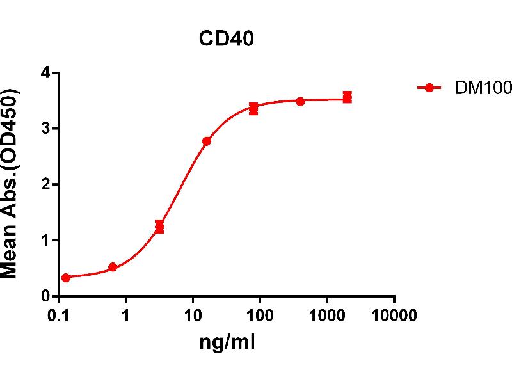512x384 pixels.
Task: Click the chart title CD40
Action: [226, 40]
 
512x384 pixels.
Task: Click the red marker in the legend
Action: [429, 88]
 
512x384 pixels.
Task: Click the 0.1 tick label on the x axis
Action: [60, 316]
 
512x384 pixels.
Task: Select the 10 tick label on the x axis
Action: [193, 316]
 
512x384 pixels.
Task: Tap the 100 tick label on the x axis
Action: [260, 316]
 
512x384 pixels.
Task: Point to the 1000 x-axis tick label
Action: [326, 316]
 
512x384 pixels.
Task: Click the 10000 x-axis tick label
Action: [394, 316]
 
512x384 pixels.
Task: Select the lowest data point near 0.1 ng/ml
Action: [66, 278]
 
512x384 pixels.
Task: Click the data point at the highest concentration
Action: [347, 97]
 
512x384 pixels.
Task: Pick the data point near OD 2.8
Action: [206, 141]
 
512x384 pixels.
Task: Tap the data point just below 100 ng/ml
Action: [253, 109]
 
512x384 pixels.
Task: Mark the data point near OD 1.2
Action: [159, 227]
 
